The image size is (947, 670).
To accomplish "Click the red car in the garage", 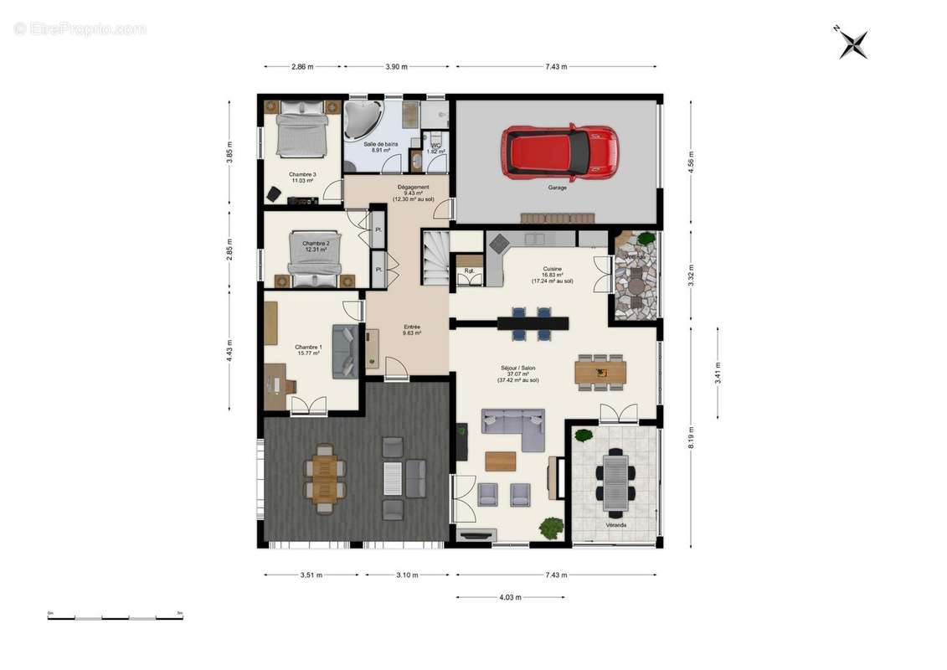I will pyautogui.click(x=558, y=152).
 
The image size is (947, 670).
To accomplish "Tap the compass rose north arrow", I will pyautogui.click(x=853, y=43).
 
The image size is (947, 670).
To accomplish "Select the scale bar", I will pyautogui.click(x=116, y=618).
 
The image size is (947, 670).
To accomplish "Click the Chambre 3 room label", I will pyautogui.click(x=301, y=177).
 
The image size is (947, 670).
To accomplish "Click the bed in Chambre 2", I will pyautogui.click(x=316, y=253).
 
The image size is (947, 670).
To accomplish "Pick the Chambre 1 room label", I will pyautogui.click(x=308, y=349).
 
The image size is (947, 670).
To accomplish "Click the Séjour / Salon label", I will pyautogui.click(x=517, y=372).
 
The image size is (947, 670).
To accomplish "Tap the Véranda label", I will pyautogui.click(x=615, y=525).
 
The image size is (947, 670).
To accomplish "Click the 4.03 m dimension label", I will pyautogui.click(x=511, y=598).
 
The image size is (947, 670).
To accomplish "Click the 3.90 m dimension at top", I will pyautogui.click(x=397, y=66).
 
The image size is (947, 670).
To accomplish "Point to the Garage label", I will pyautogui.click(x=557, y=188).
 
